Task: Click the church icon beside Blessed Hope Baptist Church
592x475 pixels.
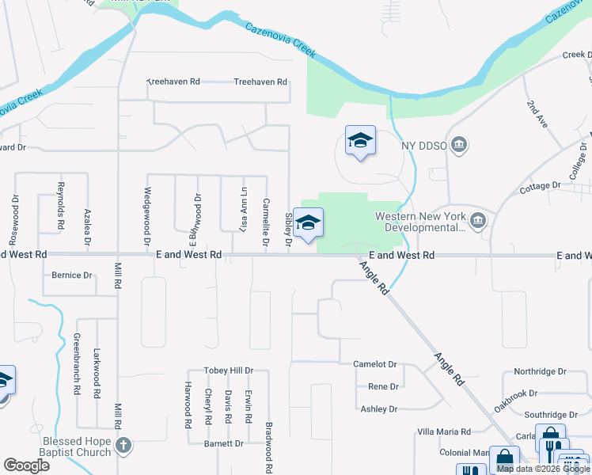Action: click(123, 446)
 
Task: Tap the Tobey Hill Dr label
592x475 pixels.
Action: click(229, 370)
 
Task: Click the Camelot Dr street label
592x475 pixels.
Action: click(374, 364)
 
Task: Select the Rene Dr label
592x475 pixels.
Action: click(382, 387)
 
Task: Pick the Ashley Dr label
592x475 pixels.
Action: click(378, 409)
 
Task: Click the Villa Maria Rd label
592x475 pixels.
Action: click(444, 431)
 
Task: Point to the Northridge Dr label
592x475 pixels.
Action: click(541, 371)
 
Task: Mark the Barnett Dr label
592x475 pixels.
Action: click(223, 444)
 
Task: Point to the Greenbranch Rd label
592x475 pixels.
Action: click(77, 363)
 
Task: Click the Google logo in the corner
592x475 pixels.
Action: click(26, 465)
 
